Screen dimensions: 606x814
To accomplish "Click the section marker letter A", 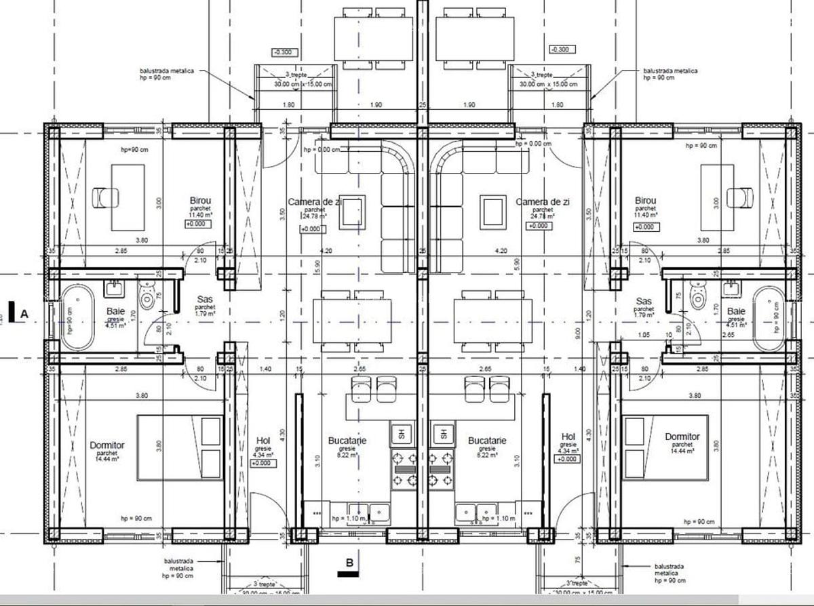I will [x=24, y=314].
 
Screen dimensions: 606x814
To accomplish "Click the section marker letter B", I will [x=349, y=562].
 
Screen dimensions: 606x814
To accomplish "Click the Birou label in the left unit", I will [x=200, y=201].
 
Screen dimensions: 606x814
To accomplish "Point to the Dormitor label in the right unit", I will [x=682, y=437].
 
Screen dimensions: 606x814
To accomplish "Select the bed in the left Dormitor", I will [x=181, y=446].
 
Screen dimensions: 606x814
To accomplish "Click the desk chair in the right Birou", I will [x=739, y=197].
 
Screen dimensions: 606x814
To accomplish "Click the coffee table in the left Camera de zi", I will [x=351, y=211].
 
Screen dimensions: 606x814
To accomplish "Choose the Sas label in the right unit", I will [x=644, y=301].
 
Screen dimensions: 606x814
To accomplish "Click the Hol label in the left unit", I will [x=263, y=438].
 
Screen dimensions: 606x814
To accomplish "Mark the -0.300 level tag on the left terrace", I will [x=282, y=52].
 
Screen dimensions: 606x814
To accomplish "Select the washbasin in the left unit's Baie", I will [x=114, y=289].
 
